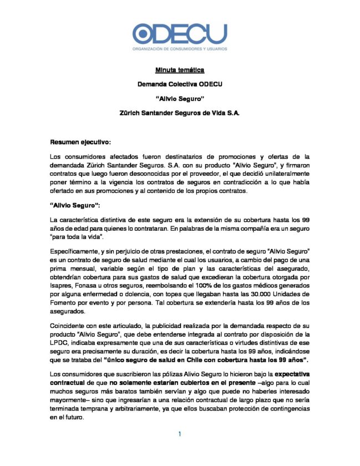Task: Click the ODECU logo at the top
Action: [180, 34]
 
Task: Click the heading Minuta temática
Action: [180, 70]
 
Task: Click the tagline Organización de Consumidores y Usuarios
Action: [180, 49]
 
